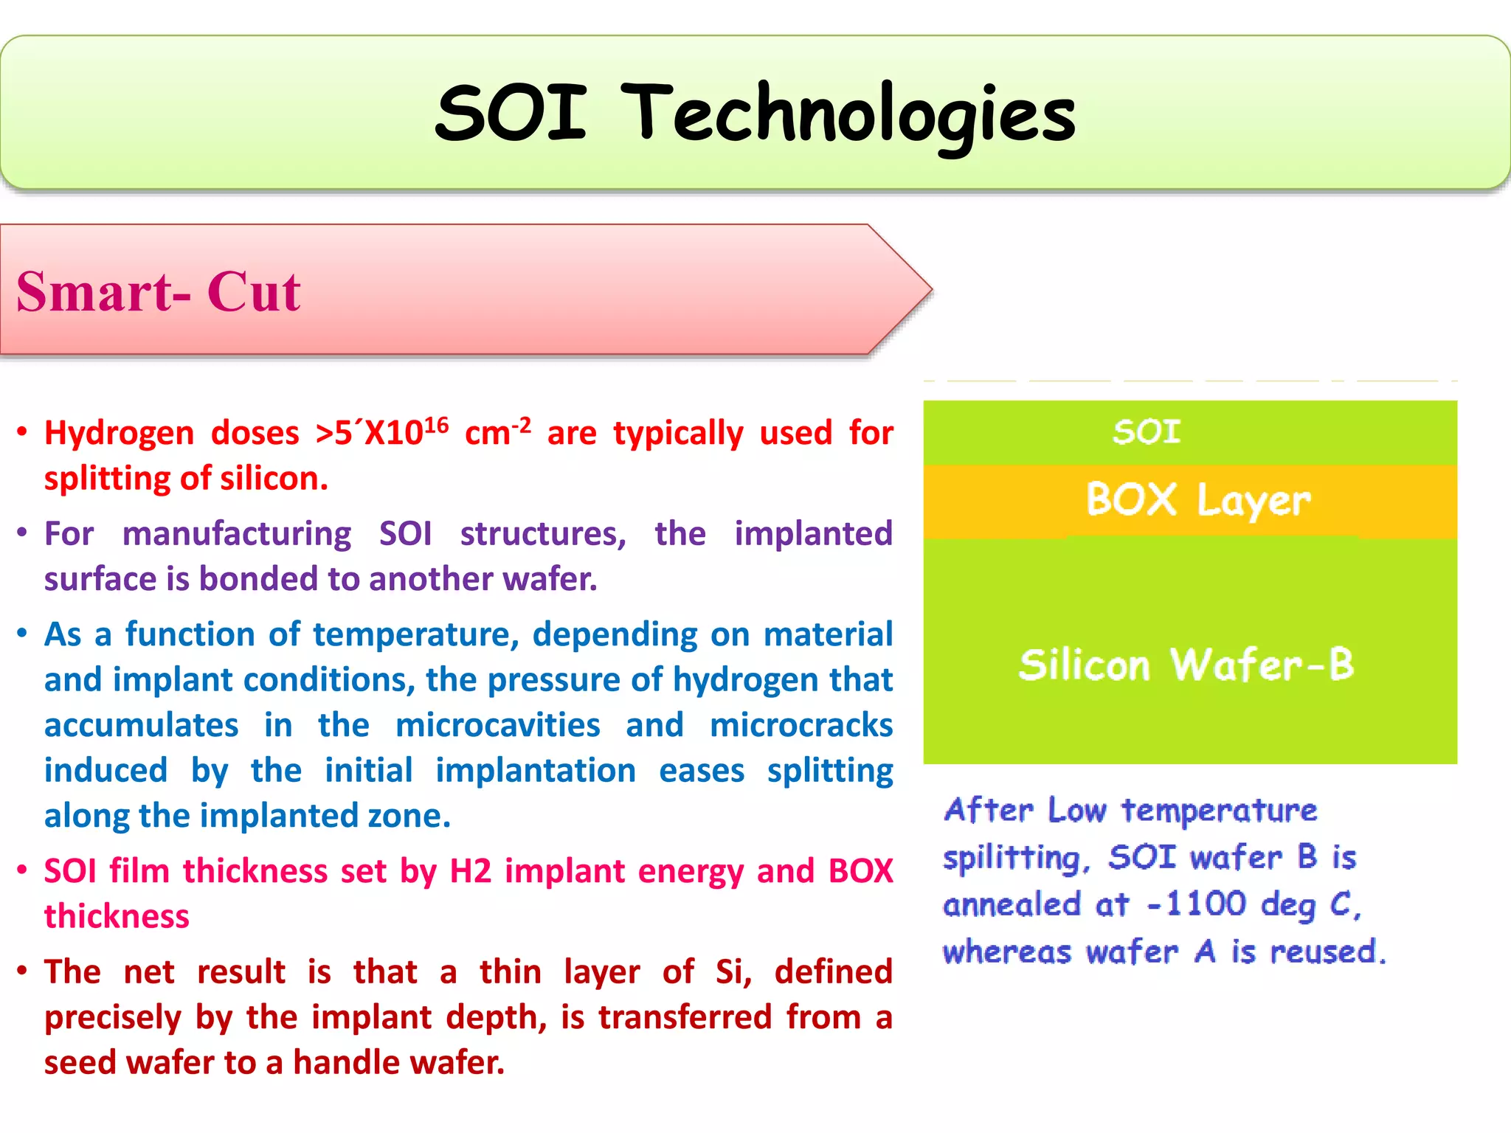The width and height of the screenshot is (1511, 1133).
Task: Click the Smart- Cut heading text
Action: click(158, 291)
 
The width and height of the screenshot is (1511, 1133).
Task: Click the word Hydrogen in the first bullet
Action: click(119, 434)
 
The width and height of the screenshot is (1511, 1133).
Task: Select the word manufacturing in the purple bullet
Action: click(237, 534)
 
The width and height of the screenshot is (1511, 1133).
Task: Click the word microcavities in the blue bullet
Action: click(497, 725)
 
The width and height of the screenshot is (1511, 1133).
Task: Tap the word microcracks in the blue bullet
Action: click(801, 725)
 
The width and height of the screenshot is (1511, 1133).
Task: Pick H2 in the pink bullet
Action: click(470, 871)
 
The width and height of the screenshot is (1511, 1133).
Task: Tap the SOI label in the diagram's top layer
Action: click(1147, 432)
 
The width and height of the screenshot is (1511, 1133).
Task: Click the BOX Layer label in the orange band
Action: click(1198, 500)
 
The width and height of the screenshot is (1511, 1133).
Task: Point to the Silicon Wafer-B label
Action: click(1186, 664)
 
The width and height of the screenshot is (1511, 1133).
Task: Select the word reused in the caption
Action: click(1324, 952)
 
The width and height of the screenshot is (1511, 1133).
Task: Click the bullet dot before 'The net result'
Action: click(22, 971)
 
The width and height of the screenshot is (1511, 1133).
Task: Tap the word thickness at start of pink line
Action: click(117, 917)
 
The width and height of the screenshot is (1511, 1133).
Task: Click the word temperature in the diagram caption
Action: click(1219, 811)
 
